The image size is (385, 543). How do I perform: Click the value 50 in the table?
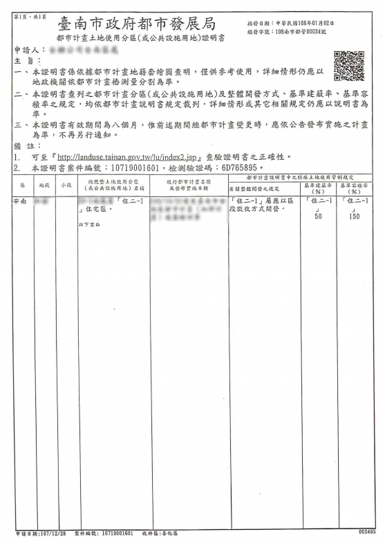(x=319, y=217)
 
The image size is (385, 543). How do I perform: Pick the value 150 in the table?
(x=354, y=217)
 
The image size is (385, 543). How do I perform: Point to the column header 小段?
(x=65, y=185)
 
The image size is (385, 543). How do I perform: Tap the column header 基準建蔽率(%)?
(x=318, y=188)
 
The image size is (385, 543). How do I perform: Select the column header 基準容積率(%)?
(x=354, y=188)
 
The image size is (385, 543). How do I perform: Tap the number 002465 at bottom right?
(x=367, y=532)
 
